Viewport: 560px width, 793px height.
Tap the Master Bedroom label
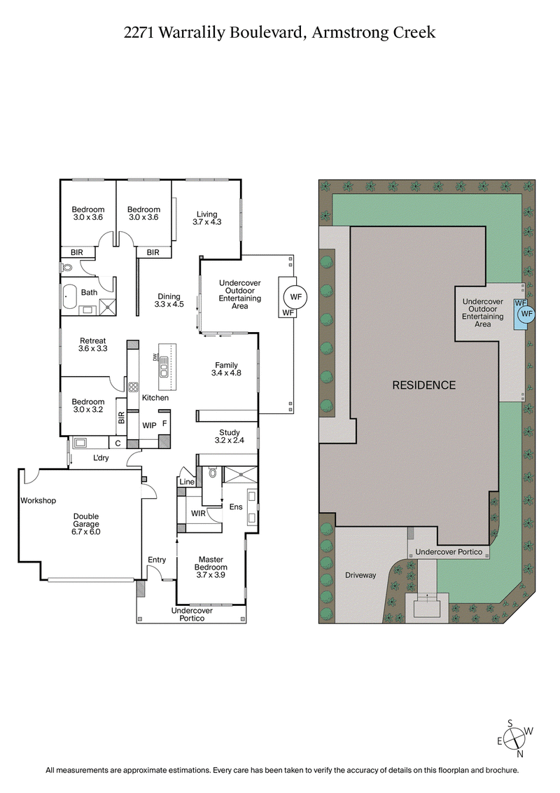tap(211, 563)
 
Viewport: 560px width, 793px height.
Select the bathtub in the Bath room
tap(71, 296)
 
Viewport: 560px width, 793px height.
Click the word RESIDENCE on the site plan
tap(423, 385)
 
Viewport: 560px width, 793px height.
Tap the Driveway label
tap(360, 575)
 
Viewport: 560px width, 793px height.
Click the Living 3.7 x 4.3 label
tap(206, 219)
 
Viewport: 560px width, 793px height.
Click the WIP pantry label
tap(149, 425)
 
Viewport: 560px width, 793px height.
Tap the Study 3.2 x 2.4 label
tap(229, 436)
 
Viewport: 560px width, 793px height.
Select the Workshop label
tap(38, 501)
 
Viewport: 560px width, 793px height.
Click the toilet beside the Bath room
tap(68, 268)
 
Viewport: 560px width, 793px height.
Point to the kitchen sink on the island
tap(165, 366)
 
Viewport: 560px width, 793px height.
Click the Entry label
tap(157, 559)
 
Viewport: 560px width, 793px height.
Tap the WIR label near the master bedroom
tap(199, 514)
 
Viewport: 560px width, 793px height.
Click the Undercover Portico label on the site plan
tap(448, 552)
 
